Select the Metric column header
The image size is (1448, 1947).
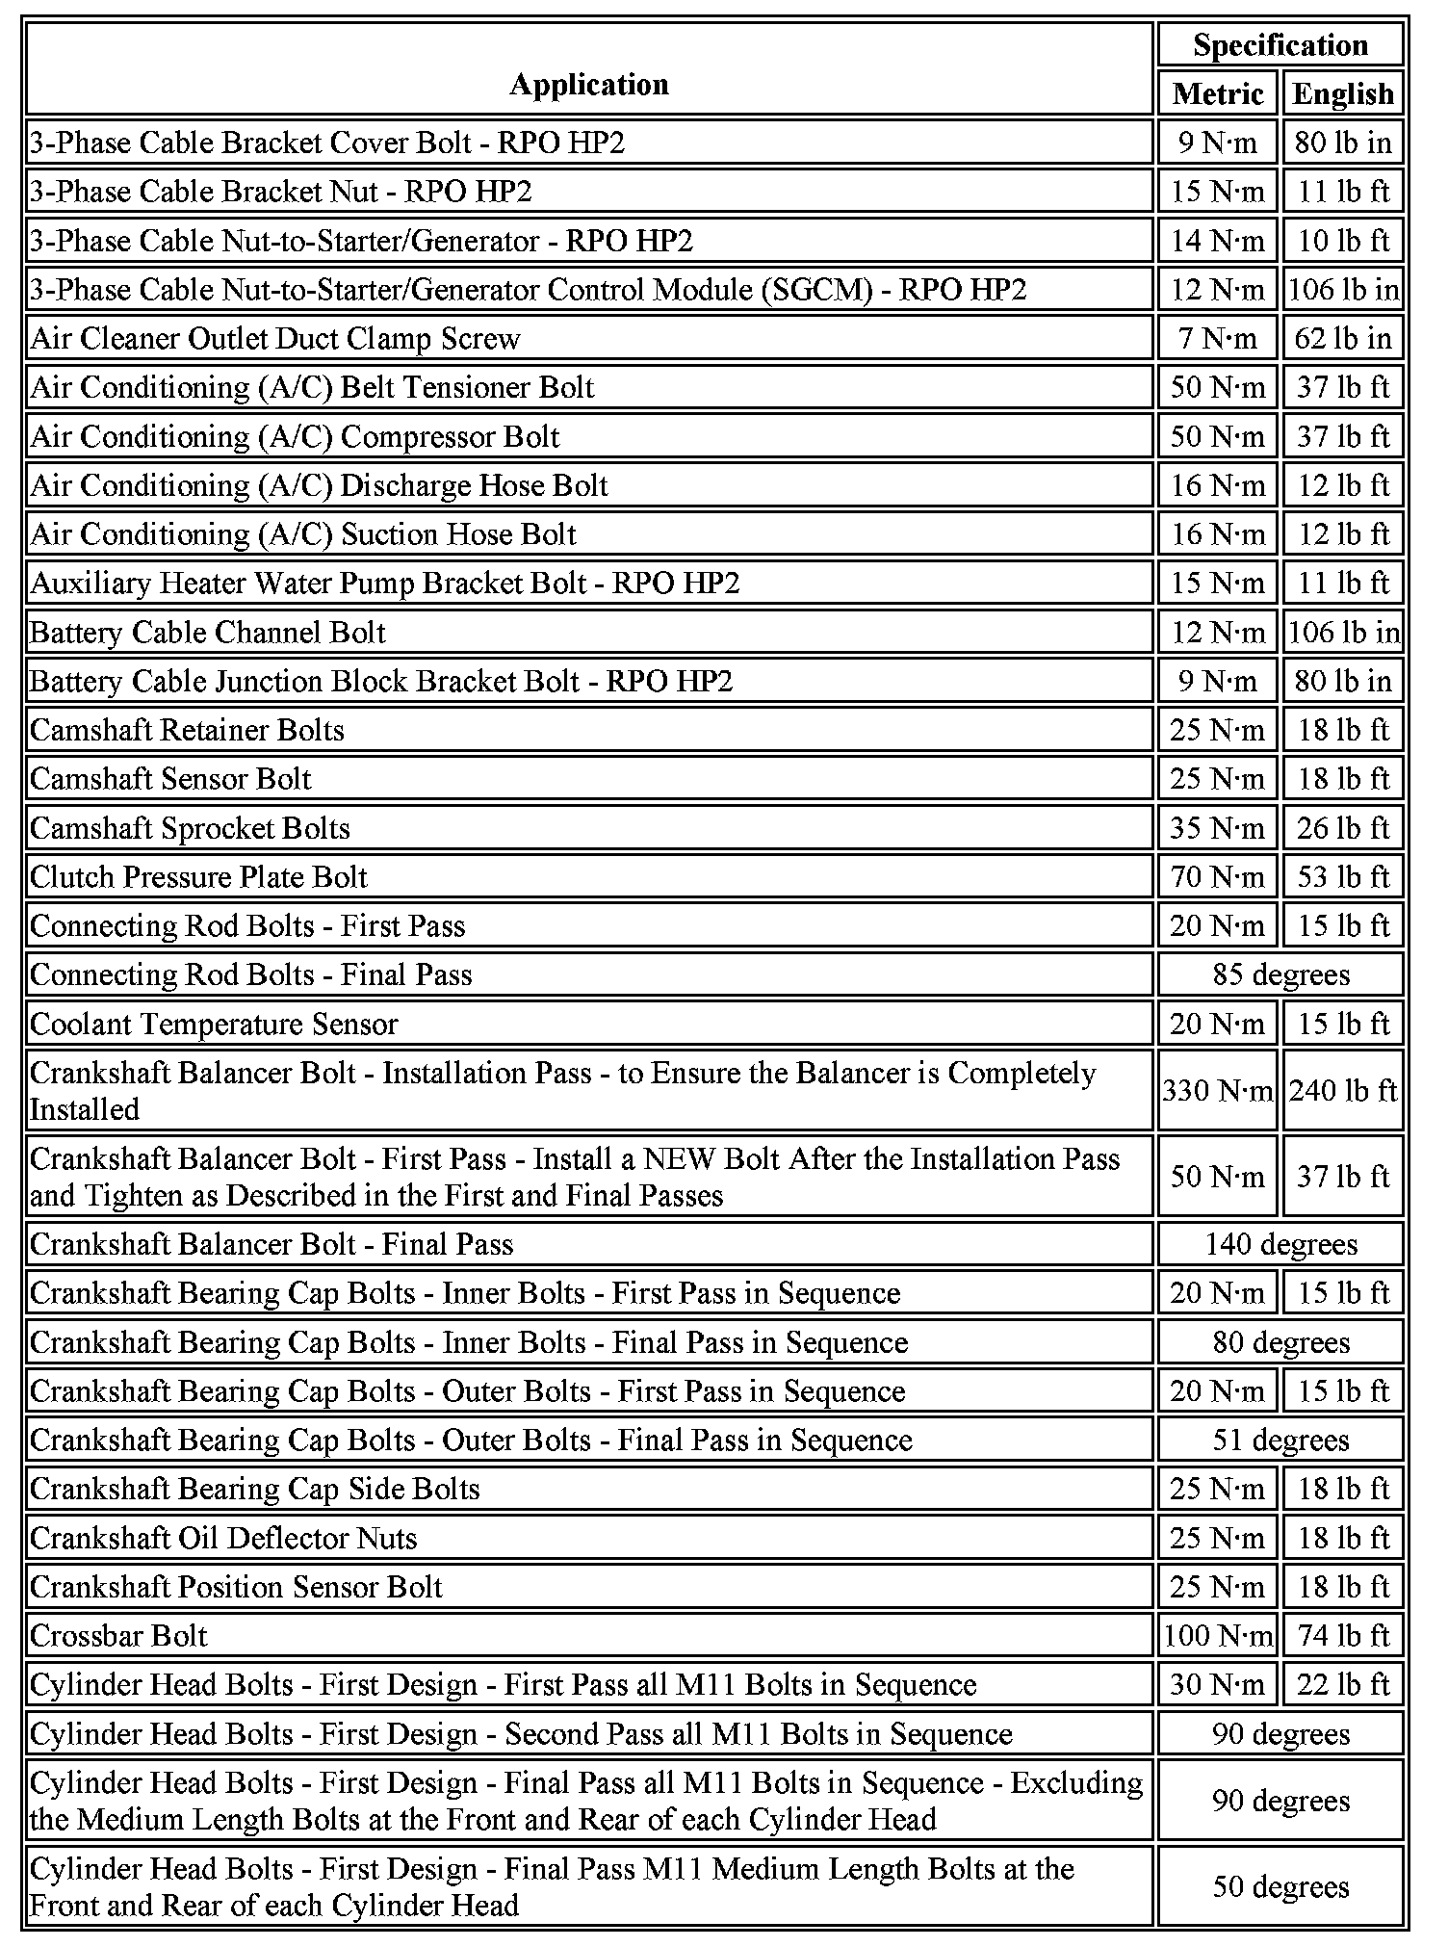pyautogui.click(x=1218, y=94)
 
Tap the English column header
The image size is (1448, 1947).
pyautogui.click(x=1343, y=94)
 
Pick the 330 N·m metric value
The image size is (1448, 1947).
pyautogui.click(x=1218, y=1091)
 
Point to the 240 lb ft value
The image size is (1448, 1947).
pyautogui.click(x=1343, y=1091)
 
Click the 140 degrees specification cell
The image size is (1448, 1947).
pyautogui.click(x=1280, y=1244)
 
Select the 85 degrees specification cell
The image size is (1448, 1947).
pyautogui.click(x=1280, y=974)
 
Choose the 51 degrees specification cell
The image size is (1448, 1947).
pyautogui.click(x=1280, y=1441)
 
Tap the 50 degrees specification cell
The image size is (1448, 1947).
pyautogui.click(x=1280, y=1886)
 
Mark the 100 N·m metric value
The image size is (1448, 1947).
pyautogui.click(x=1218, y=1636)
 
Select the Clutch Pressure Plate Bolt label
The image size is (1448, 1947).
pyautogui.click(x=198, y=877)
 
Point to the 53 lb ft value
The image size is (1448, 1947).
pyautogui.click(x=1343, y=877)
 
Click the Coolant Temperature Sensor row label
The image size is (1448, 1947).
pyautogui.click(x=214, y=1024)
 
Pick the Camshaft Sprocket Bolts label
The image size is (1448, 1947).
pyautogui.click(x=190, y=828)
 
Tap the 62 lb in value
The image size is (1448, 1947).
pyautogui.click(x=1343, y=339)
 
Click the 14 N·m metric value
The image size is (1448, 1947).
pyautogui.click(x=1218, y=241)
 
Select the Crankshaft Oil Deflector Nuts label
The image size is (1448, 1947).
pyautogui.click(x=223, y=1538)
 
